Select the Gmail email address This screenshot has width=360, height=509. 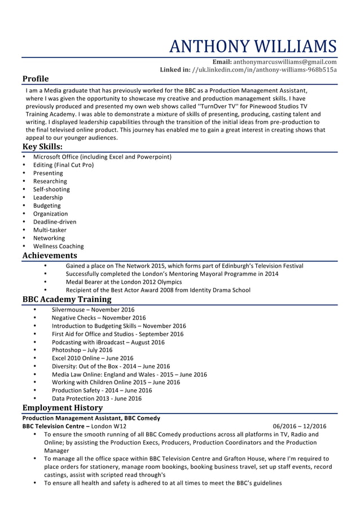pos(285,62)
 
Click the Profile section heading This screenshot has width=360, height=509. pos(36,79)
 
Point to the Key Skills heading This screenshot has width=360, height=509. pos(42,146)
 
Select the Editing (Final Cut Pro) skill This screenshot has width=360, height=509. pos(63,165)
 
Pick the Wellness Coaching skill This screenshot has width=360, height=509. pos(58,246)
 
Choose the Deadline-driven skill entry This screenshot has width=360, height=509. pos(55,222)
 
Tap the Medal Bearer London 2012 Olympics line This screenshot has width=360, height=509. pos(124,282)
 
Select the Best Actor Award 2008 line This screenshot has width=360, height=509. pos(158,290)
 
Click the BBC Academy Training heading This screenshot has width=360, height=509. pos(67,300)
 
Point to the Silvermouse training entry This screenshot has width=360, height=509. pos(93,310)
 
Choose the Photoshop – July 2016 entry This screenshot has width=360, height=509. pos(82,350)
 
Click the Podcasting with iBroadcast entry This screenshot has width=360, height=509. pos(108,342)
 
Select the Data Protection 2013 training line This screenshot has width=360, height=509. pos(96,398)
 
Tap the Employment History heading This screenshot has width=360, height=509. pos(62,408)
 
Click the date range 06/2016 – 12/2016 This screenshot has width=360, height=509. pos(299,426)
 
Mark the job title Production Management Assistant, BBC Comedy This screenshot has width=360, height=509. pos(91,418)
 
